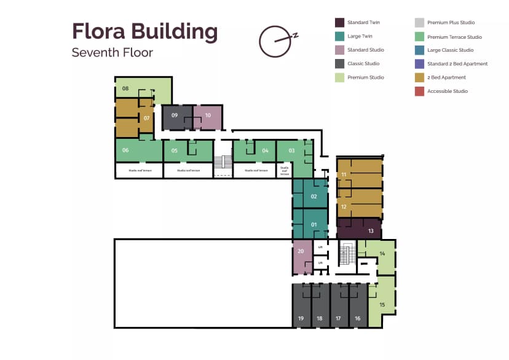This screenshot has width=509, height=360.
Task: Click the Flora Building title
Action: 144,31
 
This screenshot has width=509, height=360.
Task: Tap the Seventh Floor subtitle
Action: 112,52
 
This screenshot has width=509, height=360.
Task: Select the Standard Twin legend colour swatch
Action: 339,23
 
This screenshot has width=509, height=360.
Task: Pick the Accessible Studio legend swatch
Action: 419,92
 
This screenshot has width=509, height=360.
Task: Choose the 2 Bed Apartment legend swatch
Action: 419,77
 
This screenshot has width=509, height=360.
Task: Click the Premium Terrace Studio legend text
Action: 454,37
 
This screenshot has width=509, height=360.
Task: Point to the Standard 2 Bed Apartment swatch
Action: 419,64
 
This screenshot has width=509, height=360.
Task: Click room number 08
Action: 125,89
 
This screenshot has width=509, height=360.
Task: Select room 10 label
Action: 208,115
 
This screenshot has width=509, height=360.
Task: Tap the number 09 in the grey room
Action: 175,115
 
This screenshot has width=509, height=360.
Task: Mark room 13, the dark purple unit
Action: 371,231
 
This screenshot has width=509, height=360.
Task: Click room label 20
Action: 301,251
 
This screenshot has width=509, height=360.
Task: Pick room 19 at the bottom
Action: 301,318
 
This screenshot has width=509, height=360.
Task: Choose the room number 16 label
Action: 357,318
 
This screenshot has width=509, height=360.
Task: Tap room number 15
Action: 382,304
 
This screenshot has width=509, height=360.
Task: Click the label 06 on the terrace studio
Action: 125,150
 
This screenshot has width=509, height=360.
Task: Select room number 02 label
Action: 314,197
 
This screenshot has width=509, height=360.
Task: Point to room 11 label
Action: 344,174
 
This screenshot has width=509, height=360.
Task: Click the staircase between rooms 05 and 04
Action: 222,162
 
